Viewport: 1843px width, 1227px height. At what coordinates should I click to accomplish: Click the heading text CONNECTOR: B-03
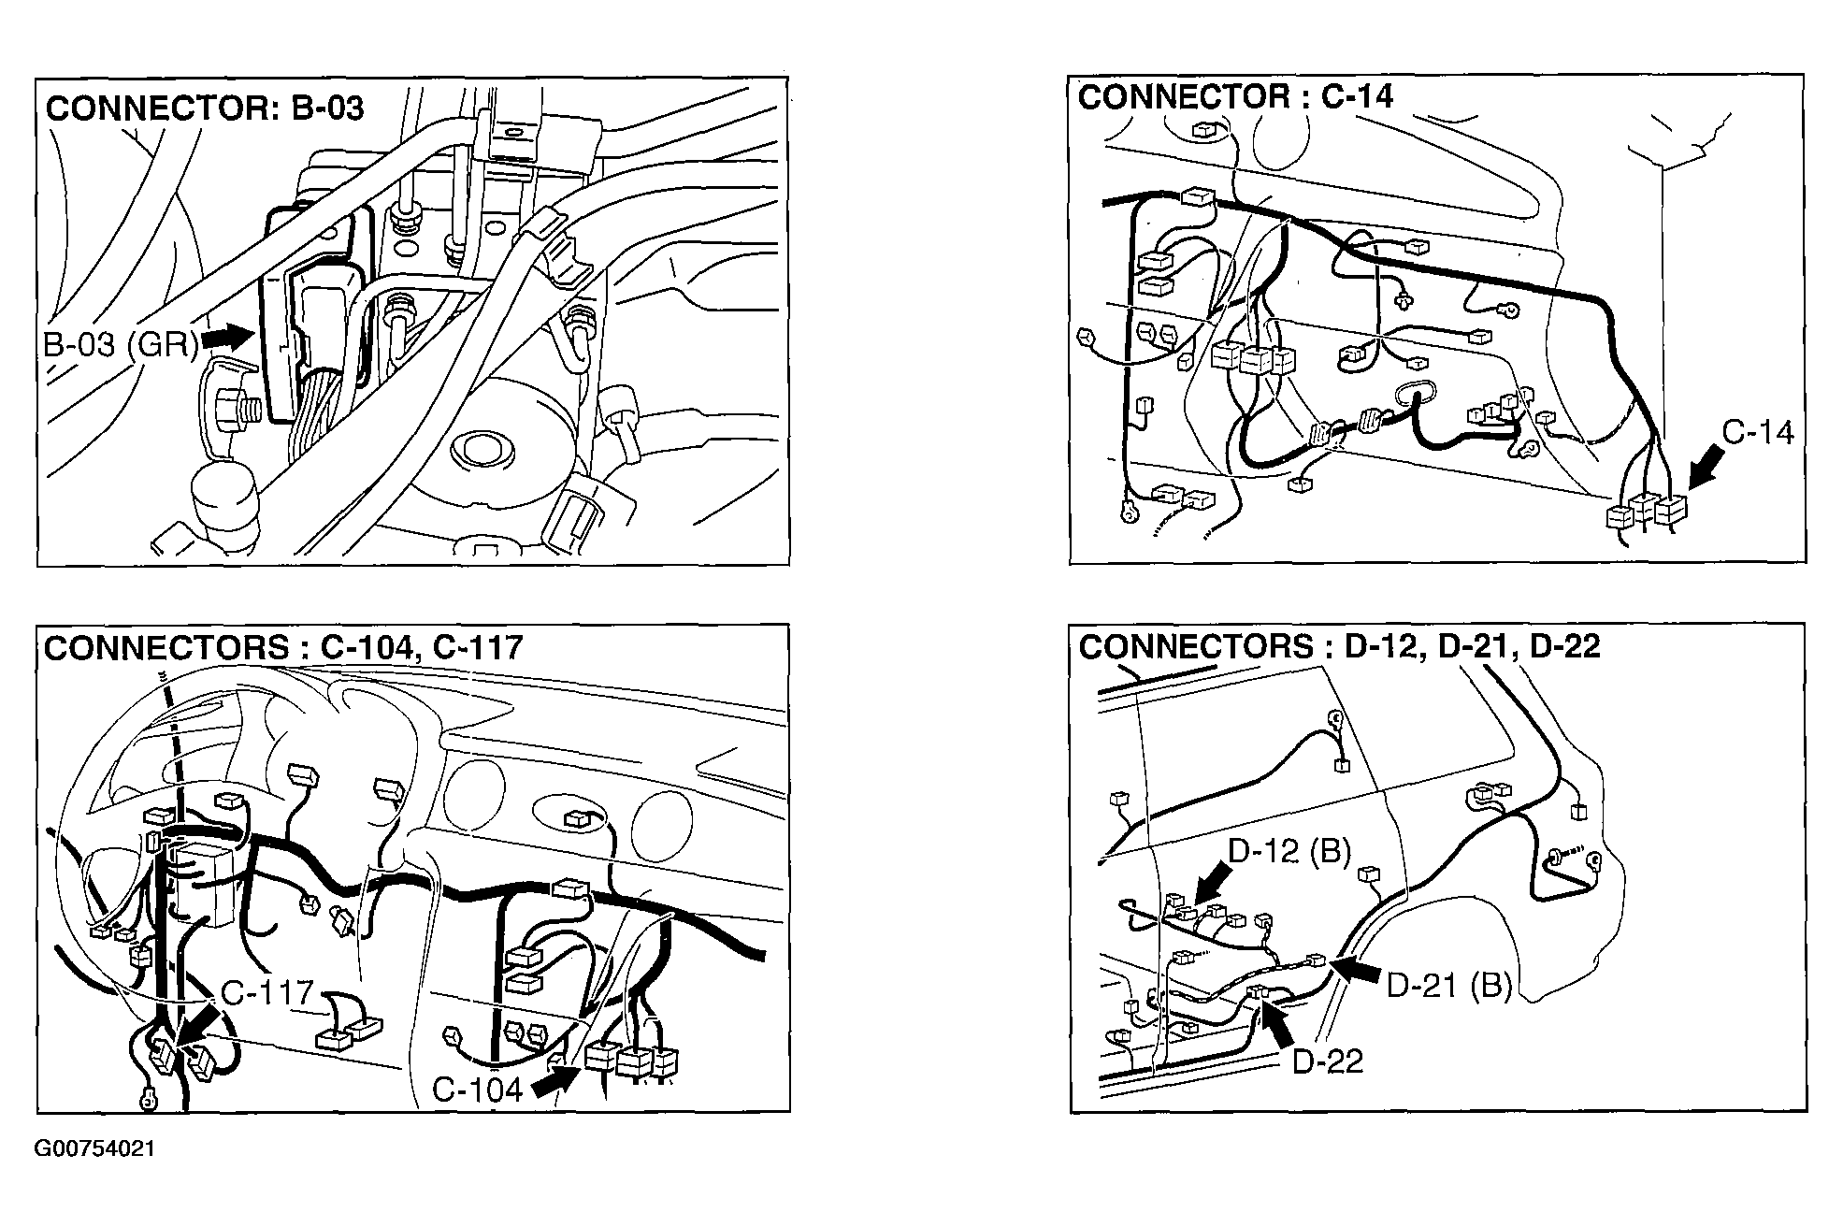click(205, 108)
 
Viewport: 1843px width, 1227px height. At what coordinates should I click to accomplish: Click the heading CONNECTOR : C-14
click(1235, 96)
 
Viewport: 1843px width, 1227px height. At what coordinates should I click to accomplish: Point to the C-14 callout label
click(1758, 432)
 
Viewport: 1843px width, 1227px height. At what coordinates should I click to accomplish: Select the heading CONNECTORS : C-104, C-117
click(283, 648)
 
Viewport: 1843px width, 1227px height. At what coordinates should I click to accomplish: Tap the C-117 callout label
click(267, 992)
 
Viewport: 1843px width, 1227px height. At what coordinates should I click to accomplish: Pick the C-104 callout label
click(477, 1090)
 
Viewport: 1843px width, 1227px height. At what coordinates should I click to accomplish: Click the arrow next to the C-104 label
click(554, 1081)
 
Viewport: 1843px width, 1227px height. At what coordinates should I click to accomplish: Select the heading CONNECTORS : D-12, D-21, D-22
click(1339, 646)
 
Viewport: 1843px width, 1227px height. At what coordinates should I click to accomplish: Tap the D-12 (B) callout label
click(1289, 851)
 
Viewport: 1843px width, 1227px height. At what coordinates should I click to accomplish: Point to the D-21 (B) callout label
click(1448, 986)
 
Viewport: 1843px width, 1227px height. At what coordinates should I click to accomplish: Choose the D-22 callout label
click(1328, 1061)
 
